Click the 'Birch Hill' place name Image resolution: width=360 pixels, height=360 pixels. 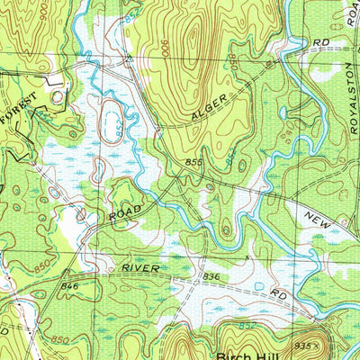pos(249,352)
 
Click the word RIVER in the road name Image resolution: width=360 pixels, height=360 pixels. pos(142,269)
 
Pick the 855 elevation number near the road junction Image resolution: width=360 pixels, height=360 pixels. pos(193,161)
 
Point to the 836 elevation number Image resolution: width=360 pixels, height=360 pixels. pos(211,276)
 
